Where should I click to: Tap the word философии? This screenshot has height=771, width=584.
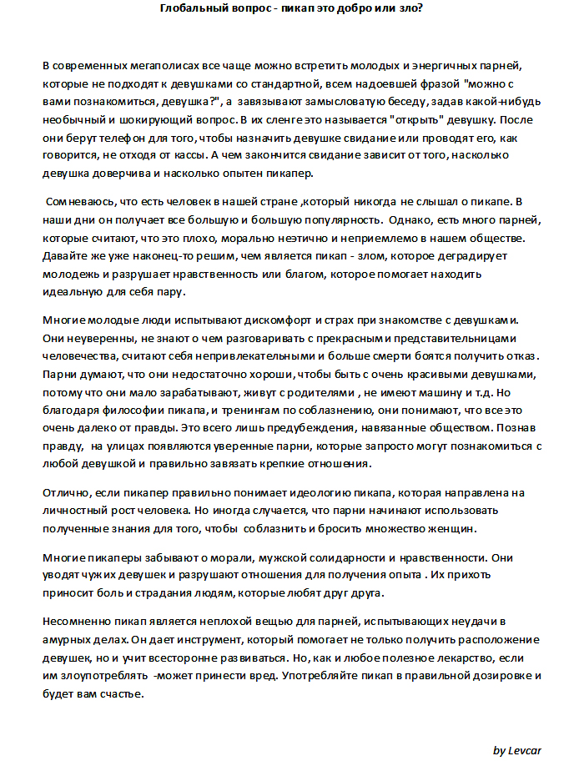click(x=135, y=411)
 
